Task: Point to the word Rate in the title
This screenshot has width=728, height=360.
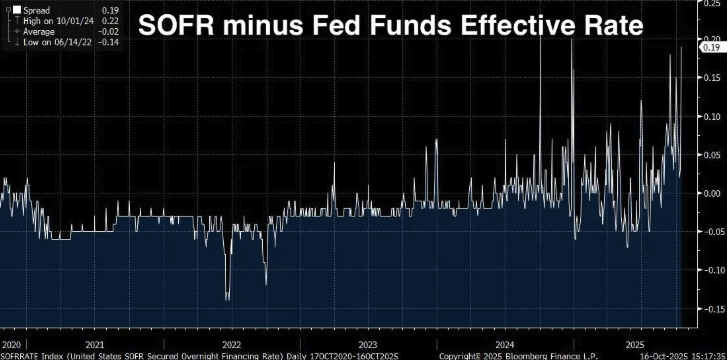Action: click(x=614, y=27)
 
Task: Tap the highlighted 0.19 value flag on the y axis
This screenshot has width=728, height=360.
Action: click(x=711, y=46)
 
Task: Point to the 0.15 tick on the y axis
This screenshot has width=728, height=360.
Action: click(x=711, y=77)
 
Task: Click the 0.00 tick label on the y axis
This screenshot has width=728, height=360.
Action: click(x=711, y=193)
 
